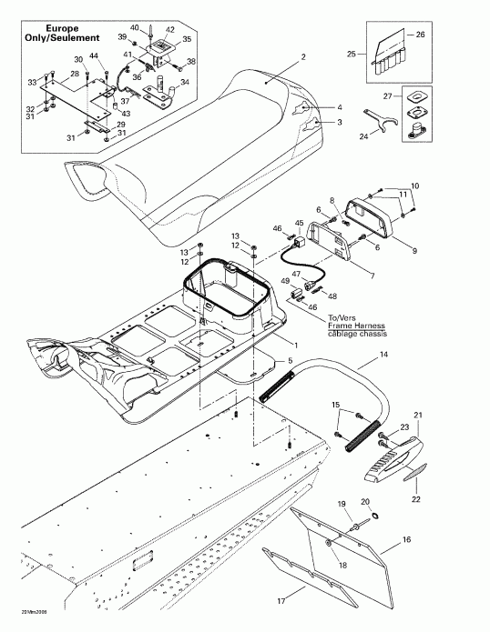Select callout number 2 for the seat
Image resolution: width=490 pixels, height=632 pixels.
click(303, 57)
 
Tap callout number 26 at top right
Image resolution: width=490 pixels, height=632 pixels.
click(420, 35)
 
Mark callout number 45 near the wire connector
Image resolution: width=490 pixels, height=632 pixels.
click(299, 222)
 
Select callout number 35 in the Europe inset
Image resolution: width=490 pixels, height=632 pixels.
click(187, 39)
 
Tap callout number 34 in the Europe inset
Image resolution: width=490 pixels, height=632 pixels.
click(186, 82)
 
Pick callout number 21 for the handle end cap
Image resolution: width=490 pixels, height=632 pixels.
click(419, 416)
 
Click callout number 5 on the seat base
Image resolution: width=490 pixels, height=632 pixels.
click(290, 361)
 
